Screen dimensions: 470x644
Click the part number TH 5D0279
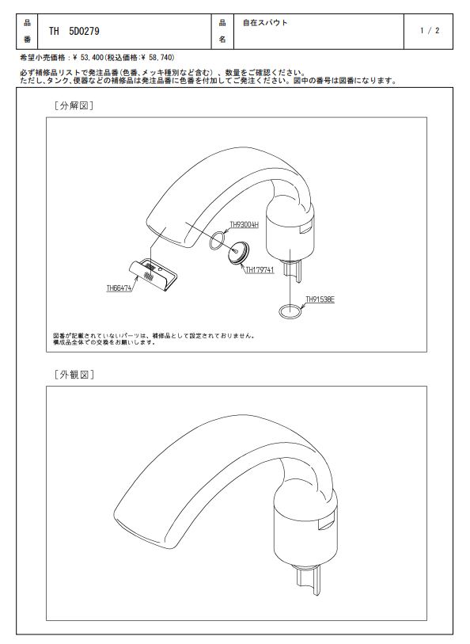[74, 31]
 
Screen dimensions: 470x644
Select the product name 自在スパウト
[265, 23]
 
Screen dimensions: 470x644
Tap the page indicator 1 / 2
[430, 30]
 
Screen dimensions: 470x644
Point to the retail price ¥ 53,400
[88, 58]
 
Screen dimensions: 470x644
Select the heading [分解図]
[74, 105]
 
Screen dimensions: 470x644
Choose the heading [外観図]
[74, 375]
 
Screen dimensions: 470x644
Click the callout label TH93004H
[244, 225]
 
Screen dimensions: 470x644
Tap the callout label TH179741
[260, 270]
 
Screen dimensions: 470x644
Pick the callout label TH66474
[119, 288]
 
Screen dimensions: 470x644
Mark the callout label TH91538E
[320, 299]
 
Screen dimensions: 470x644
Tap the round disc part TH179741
[240, 253]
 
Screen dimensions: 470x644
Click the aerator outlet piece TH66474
[153, 275]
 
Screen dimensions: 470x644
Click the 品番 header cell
[27, 31]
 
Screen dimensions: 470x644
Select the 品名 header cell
[222, 31]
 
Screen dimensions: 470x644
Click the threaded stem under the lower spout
[308, 580]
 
